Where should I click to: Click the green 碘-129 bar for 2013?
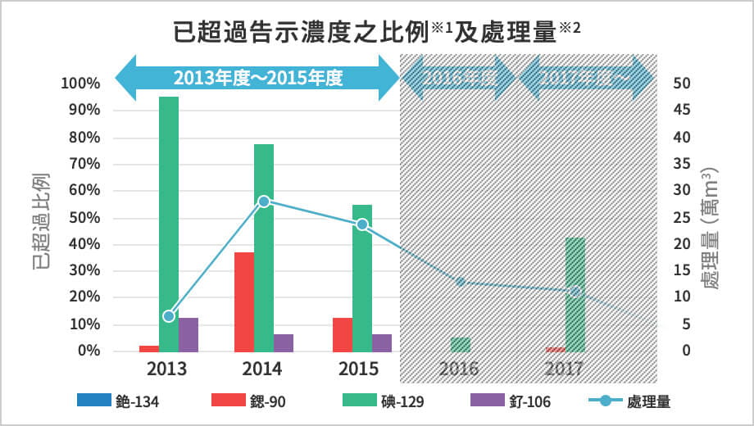point(169,221)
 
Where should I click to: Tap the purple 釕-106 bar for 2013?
point(188,334)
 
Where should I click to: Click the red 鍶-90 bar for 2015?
point(343,334)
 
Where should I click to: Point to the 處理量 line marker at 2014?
point(264,202)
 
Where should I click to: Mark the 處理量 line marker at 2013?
point(169,316)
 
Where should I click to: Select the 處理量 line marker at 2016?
point(461,282)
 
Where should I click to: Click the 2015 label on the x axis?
point(362,369)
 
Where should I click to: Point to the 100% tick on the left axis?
point(80,84)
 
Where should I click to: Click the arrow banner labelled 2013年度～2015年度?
point(257,79)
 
